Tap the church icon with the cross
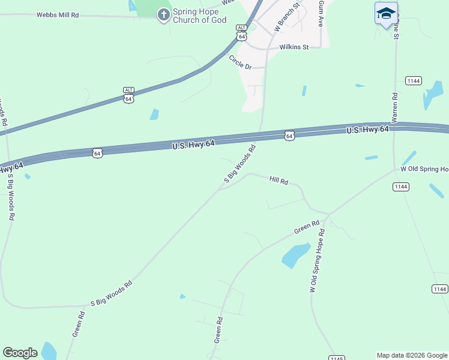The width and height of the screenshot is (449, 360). click(x=163, y=14)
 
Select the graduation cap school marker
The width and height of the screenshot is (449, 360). click(x=386, y=13)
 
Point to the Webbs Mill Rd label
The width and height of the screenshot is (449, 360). click(x=58, y=14)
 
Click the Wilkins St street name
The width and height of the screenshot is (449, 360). click(x=294, y=47)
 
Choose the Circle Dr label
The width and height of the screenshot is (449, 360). click(x=240, y=62)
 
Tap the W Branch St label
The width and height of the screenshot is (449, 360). click(x=286, y=17)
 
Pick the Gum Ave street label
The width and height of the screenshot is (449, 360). click(x=321, y=13)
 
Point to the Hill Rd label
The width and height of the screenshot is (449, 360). click(x=279, y=180)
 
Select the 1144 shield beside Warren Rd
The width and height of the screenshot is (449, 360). click(x=413, y=80)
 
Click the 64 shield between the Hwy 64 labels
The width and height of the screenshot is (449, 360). click(x=289, y=136)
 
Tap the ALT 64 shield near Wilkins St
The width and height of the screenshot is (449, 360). click(x=241, y=32)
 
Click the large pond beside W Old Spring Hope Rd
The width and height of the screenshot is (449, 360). click(x=295, y=256)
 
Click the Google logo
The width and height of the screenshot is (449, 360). click(x=20, y=353)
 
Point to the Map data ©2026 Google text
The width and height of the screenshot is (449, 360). click(x=412, y=355)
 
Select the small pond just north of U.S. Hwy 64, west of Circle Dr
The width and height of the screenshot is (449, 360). click(x=155, y=114)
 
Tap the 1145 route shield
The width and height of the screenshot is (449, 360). click(x=337, y=358)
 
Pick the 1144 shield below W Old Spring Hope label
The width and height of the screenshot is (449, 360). click(x=401, y=187)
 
